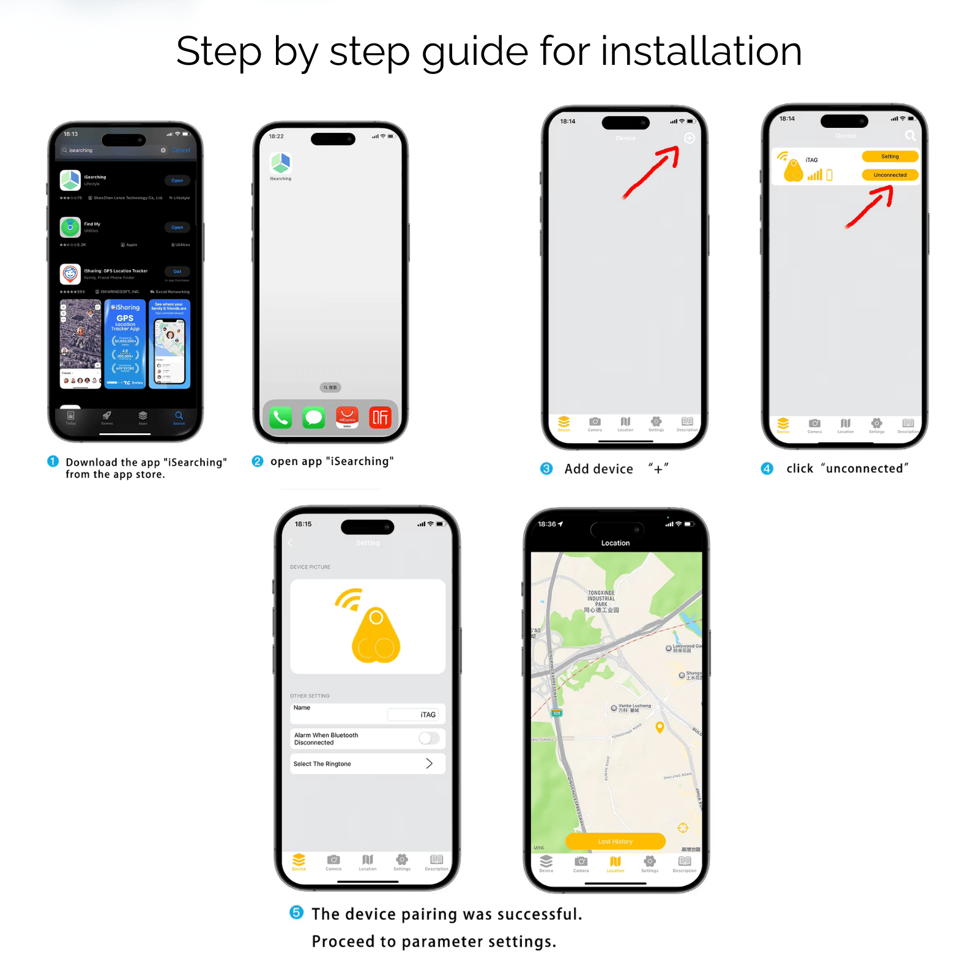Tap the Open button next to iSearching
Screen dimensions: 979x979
(x=177, y=181)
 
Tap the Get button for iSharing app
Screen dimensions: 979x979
(x=177, y=271)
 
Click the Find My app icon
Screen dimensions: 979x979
(x=70, y=227)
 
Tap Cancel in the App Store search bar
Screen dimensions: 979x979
(x=181, y=150)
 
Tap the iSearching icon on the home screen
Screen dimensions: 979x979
(x=280, y=163)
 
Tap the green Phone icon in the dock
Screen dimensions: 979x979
(x=280, y=417)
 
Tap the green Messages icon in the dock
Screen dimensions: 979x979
(x=314, y=417)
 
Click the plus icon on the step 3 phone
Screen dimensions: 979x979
(x=689, y=138)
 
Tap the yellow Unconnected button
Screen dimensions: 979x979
(x=890, y=175)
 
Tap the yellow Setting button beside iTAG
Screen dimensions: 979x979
(x=890, y=157)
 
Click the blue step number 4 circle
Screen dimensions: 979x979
(x=767, y=469)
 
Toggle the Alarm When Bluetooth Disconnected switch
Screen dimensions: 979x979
(x=429, y=738)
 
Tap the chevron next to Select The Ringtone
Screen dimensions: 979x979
(x=429, y=764)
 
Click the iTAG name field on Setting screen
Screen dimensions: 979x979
(x=414, y=715)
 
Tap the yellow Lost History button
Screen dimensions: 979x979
(x=615, y=841)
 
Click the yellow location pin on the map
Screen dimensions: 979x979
(x=660, y=727)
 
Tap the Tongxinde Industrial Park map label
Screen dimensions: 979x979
(x=601, y=601)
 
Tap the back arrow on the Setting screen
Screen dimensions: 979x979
(x=290, y=543)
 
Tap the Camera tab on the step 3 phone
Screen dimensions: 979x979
(x=595, y=423)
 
